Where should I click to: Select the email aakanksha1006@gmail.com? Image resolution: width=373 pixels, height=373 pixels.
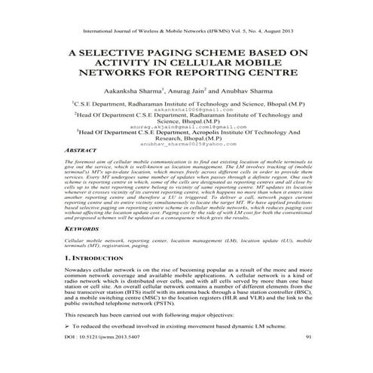tap(186, 109)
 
